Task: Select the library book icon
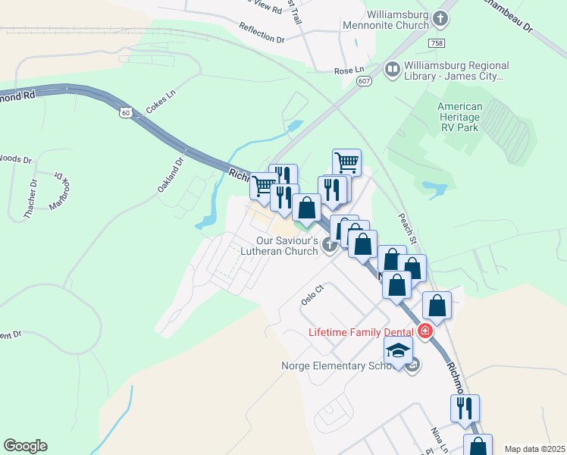tap(393, 71)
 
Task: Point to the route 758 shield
tap(436, 44)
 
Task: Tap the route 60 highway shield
tap(126, 113)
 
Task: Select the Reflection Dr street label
tap(262, 33)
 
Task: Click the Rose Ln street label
tap(350, 71)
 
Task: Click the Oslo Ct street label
tap(312, 293)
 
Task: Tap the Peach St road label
tap(408, 227)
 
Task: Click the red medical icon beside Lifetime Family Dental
tap(424, 331)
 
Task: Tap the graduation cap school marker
tap(397, 349)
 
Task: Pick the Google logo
tap(25, 446)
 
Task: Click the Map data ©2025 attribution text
tap(534, 449)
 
